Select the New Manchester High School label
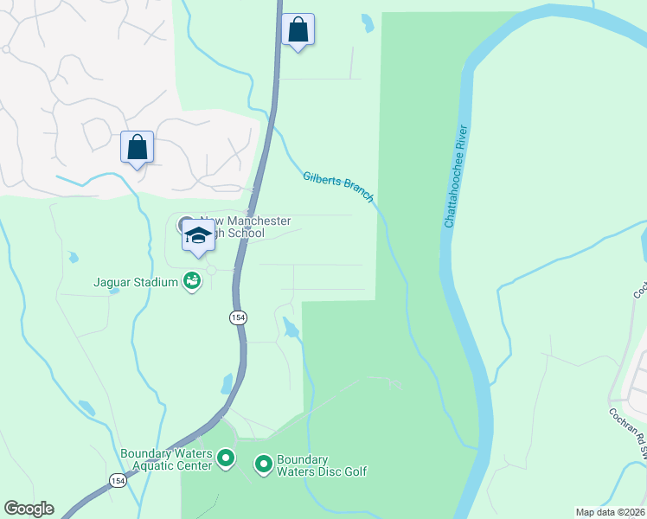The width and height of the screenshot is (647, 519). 246,227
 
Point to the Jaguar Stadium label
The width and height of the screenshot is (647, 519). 137,282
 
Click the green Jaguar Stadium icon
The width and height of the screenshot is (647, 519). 192,281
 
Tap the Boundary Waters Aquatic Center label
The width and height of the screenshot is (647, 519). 166,459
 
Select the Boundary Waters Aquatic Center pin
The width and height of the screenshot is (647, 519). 226,458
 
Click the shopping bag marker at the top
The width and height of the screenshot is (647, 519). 298,30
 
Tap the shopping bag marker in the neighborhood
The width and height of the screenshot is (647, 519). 138,147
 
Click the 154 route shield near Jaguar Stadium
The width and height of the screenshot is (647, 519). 237,317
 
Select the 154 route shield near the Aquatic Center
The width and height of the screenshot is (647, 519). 118,479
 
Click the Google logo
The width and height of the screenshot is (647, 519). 29,509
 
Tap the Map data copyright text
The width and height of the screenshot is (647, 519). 610,512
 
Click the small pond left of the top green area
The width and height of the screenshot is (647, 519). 368,22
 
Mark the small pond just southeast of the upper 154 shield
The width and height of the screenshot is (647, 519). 291,328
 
